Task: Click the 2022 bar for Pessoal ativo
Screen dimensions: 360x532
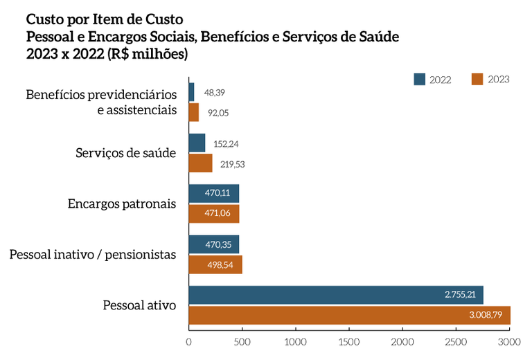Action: (336, 295)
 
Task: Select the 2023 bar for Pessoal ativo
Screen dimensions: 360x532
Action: (349, 316)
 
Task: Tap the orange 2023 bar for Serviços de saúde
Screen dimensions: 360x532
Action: (200, 163)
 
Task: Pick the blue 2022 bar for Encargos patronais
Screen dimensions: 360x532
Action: (213, 194)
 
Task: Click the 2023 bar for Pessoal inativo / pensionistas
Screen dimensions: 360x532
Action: (215, 265)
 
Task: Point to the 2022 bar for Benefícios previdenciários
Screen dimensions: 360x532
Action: (191, 92)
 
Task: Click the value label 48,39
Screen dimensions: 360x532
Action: (214, 93)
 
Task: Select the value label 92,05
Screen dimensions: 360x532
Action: (218, 112)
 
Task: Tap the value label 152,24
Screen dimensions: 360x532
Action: (226, 144)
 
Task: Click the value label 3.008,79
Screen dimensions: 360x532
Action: (486, 316)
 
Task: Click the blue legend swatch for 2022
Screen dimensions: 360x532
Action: (419, 79)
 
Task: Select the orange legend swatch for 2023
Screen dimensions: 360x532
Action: (477, 79)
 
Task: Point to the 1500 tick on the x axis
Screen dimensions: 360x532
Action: (349, 341)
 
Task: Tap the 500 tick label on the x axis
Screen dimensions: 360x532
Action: (242, 341)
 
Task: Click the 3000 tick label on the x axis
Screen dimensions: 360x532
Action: (509, 341)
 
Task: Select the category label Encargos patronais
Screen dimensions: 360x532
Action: (122, 204)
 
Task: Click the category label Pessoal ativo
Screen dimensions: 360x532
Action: (140, 305)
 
